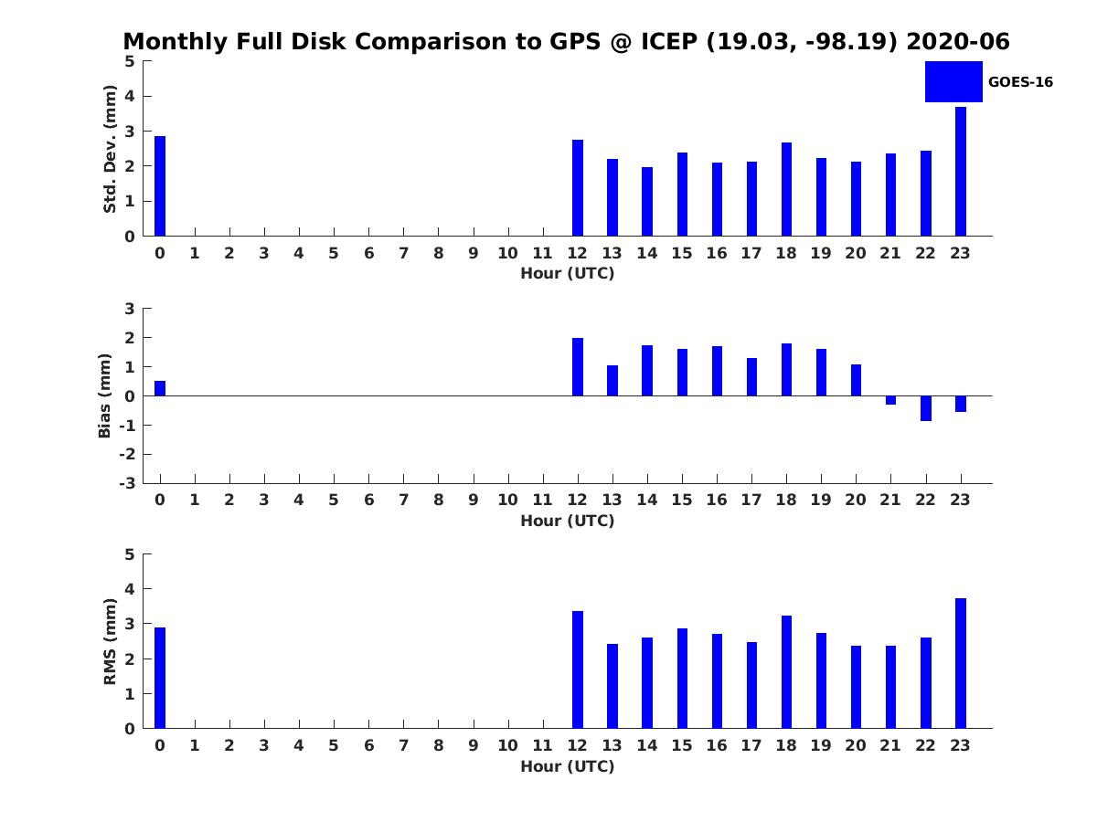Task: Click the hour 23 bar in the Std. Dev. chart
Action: (960, 171)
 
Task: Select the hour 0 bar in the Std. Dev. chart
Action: (159, 185)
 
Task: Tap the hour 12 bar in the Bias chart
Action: (577, 367)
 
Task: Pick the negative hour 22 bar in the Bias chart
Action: (925, 408)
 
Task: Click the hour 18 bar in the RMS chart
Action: (786, 672)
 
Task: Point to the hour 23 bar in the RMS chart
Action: (960, 663)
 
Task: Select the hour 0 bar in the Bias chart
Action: (159, 388)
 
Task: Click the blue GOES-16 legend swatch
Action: (953, 82)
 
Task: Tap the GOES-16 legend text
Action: (1020, 82)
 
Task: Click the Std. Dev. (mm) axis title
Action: (110, 149)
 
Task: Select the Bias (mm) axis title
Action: (104, 395)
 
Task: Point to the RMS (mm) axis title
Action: (110, 641)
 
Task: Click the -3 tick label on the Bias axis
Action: (127, 483)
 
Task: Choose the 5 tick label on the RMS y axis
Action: (130, 554)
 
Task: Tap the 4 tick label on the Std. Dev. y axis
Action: (130, 96)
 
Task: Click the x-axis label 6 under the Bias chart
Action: (368, 500)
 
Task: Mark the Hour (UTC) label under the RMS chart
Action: (568, 766)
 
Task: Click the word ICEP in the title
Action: (669, 41)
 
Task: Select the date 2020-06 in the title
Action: (958, 41)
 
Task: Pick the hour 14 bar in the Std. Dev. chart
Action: (646, 201)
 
